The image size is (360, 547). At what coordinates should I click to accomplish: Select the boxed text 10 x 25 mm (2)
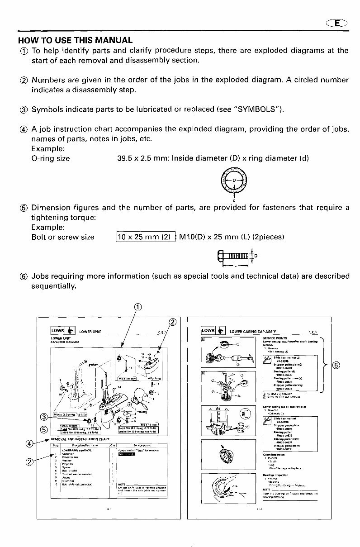click(145, 237)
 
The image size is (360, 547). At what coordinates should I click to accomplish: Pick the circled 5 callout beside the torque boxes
click(44, 429)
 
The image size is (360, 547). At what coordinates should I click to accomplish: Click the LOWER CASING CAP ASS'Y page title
click(253, 332)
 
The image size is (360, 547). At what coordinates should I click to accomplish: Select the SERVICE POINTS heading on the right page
click(273, 338)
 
